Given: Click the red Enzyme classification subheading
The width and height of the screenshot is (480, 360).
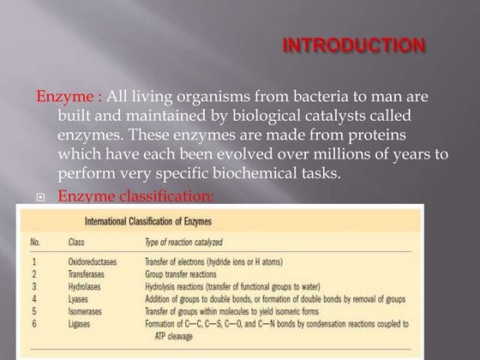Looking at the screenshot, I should [x=135, y=197].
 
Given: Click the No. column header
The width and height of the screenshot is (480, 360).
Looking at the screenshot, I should [x=36, y=243].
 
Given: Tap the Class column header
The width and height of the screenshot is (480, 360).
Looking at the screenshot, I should [x=77, y=243].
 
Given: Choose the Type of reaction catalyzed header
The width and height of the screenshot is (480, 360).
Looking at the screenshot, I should [x=189, y=243].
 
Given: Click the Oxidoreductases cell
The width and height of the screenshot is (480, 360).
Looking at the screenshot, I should [x=94, y=262].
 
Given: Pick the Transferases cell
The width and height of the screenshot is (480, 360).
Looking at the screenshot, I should [x=87, y=274].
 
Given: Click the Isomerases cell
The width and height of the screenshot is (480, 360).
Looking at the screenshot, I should [x=87, y=311].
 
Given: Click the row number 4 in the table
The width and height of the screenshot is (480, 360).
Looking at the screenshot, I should [x=34, y=299].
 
